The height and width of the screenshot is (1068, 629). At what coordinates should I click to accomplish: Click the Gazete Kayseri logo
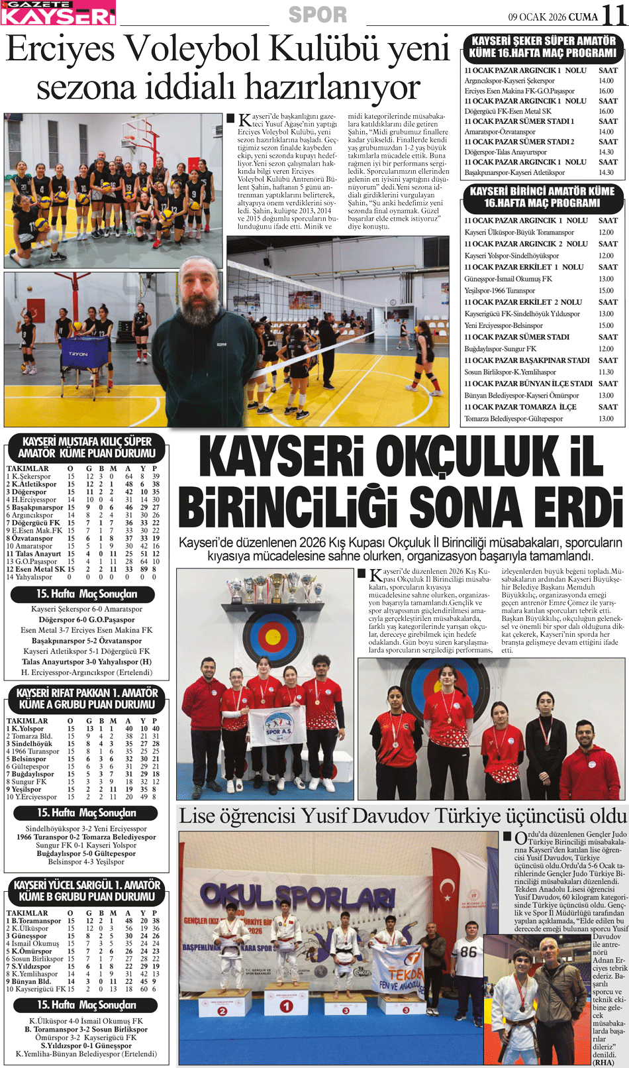click(x=58, y=13)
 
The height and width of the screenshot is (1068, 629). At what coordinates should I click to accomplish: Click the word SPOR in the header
click(x=318, y=14)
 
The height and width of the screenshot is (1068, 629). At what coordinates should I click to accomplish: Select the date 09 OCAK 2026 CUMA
click(x=552, y=17)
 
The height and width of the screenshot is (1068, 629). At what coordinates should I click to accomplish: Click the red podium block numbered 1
click(x=286, y=1006)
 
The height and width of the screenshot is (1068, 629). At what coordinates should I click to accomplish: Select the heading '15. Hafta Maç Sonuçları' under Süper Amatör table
click(x=87, y=594)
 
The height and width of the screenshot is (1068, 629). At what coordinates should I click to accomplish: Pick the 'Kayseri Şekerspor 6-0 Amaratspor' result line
click(x=87, y=609)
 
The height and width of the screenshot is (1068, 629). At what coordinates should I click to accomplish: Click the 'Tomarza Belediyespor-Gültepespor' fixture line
click(x=514, y=419)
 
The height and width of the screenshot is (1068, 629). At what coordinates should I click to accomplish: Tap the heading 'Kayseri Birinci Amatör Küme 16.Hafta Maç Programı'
click(x=542, y=197)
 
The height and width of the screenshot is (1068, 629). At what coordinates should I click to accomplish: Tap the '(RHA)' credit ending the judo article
click(x=603, y=1062)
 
